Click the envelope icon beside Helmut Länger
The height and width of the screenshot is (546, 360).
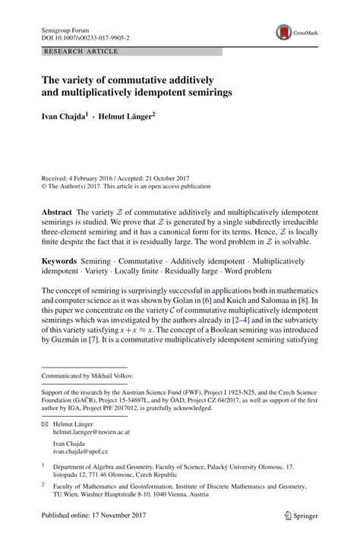44,425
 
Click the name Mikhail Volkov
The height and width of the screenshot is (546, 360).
115,376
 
